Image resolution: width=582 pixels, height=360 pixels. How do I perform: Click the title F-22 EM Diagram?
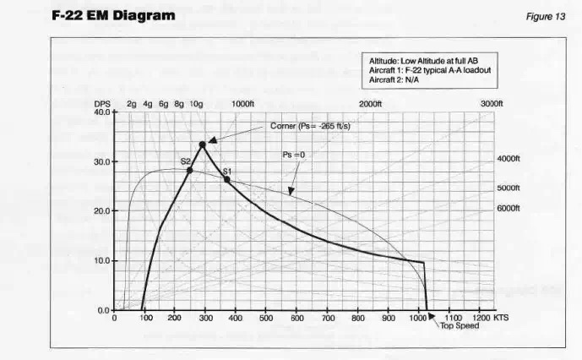(113, 16)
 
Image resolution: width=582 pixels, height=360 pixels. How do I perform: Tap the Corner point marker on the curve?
(203, 145)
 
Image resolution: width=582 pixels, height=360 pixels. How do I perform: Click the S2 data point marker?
(190, 170)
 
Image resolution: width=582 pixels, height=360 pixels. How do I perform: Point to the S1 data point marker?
(226, 179)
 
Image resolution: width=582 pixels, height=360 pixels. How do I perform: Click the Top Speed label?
(459, 325)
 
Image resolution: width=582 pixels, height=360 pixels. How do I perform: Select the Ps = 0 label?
(293, 155)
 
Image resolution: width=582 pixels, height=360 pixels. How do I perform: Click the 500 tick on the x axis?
(266, 319)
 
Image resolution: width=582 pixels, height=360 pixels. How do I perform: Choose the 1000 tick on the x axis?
(419, 319)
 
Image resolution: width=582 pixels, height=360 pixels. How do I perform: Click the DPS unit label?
(102, 103)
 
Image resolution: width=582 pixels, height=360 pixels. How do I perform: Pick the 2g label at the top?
(132, 103)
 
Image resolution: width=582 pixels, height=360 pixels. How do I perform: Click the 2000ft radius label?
(371, 103)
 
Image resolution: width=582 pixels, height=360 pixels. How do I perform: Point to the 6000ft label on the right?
(508, 208)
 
